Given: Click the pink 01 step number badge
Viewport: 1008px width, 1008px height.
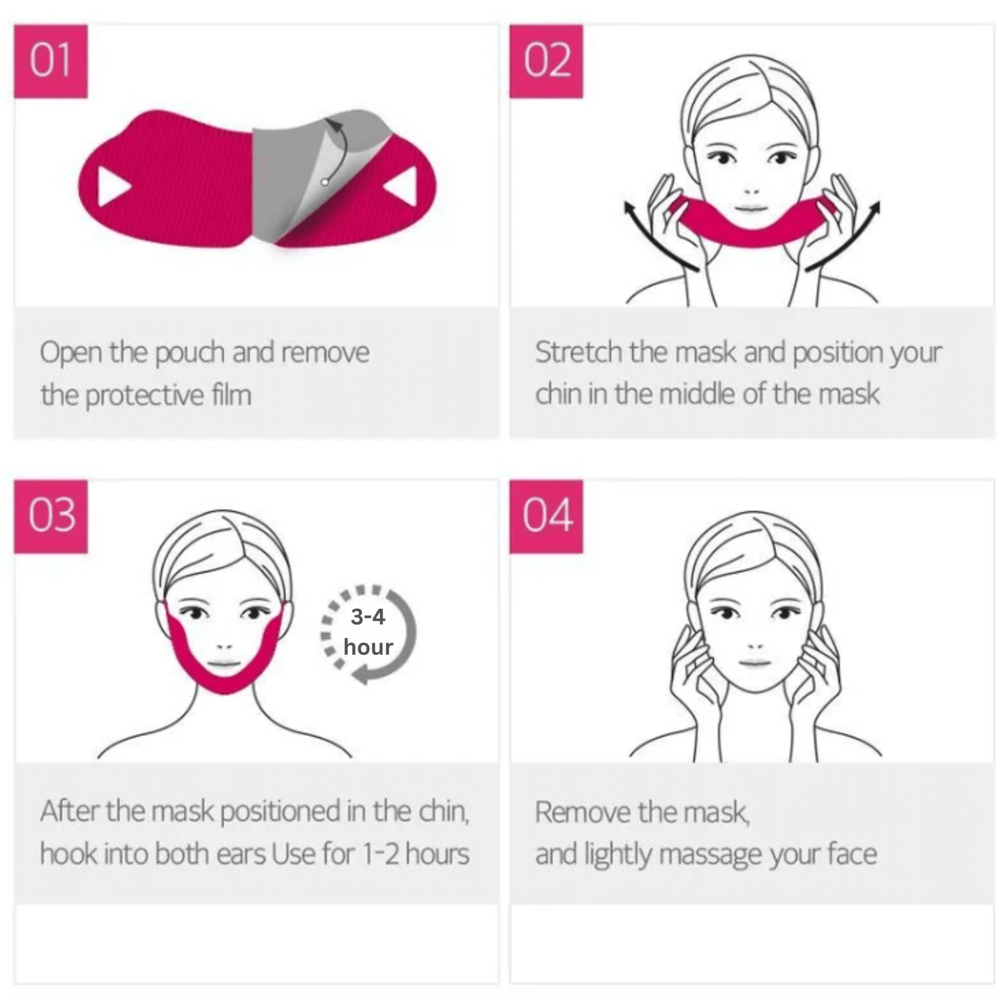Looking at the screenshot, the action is coord(51,61).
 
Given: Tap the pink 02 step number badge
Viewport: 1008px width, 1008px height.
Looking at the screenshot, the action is coord(547,61).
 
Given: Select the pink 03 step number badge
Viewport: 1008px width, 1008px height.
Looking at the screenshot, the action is coord(51,516).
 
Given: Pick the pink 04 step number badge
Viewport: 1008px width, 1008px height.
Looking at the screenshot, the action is coord(547,516).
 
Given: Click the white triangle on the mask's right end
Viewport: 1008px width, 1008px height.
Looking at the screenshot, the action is coord(403,186).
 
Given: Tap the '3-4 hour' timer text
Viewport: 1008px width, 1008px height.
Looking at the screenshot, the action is coord(368,632).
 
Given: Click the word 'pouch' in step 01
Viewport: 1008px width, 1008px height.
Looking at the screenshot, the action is coord(190,353).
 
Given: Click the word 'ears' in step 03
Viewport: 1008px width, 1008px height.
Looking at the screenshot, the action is coord(241,855).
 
